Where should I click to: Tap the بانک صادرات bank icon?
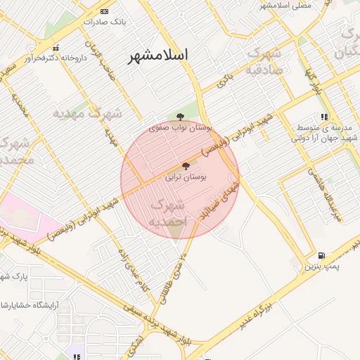click(105, 11)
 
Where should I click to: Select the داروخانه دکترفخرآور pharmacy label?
click(55, 58)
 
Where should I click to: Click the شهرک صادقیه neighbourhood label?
click(264, 61)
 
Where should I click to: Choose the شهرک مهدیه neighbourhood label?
click(88, 113)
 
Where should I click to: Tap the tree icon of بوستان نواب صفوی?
click(180, 117)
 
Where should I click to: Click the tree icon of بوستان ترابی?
click(186, 167)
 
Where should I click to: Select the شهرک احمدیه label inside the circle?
click(169, 213)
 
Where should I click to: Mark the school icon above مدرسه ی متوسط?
click(323, 117)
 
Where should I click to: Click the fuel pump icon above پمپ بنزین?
click(321, 257)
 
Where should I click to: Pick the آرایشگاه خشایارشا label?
click(29, 304)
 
